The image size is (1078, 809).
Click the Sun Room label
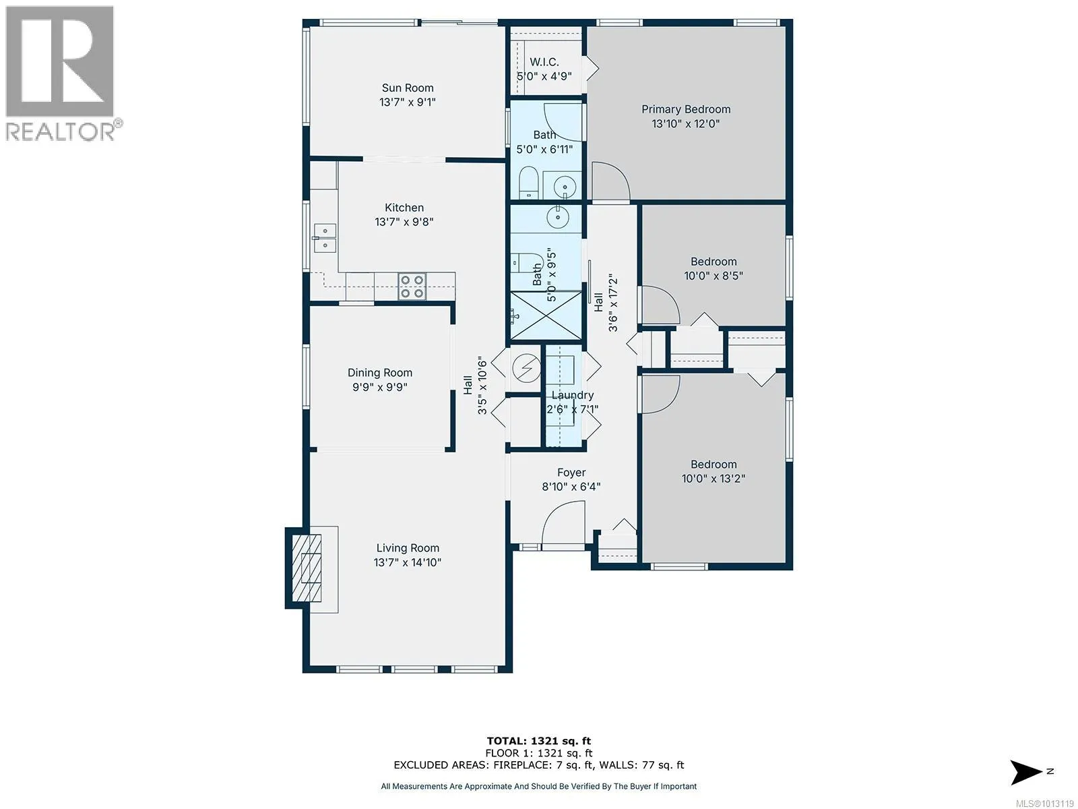pyautogui.click(x=408, y=88)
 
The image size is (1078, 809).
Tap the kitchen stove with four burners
pyautogui.click(x=412, y=287)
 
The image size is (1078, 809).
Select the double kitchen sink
pyautogui.click(x=325, y=238)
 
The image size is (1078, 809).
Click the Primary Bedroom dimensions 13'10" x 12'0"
pyautogui.click(x=686, y=124)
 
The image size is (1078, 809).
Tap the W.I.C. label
pyautogui.click(x=544, y=62)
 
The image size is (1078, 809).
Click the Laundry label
pyautogui.click(x=573, y=395)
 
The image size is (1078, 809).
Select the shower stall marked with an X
pyautogui.click(x=546, y=315)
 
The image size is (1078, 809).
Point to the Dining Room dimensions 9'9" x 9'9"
pyautogui.click(x=379, y=387)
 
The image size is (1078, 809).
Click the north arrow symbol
pyautogui.click(x=1025, y=772)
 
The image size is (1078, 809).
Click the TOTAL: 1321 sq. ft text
pyautogui.click(x=539, y=741)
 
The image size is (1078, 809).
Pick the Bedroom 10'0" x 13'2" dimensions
pyautogui.click(x=713, y=479)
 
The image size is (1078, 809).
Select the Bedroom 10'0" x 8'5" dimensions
pyautogui.click(x=713, y=276)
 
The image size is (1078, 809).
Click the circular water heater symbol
pyautogui.click(x=526, y=368)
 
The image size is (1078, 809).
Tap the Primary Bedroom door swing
pyautogui.click(x=611, y=181)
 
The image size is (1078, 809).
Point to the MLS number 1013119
pyautogui.click(x=1044, y=804)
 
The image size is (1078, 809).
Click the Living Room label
pyautogui.click(x=408, y=548)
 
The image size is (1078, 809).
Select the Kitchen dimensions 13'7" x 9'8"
pyautogui.click(x=404, y=222)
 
